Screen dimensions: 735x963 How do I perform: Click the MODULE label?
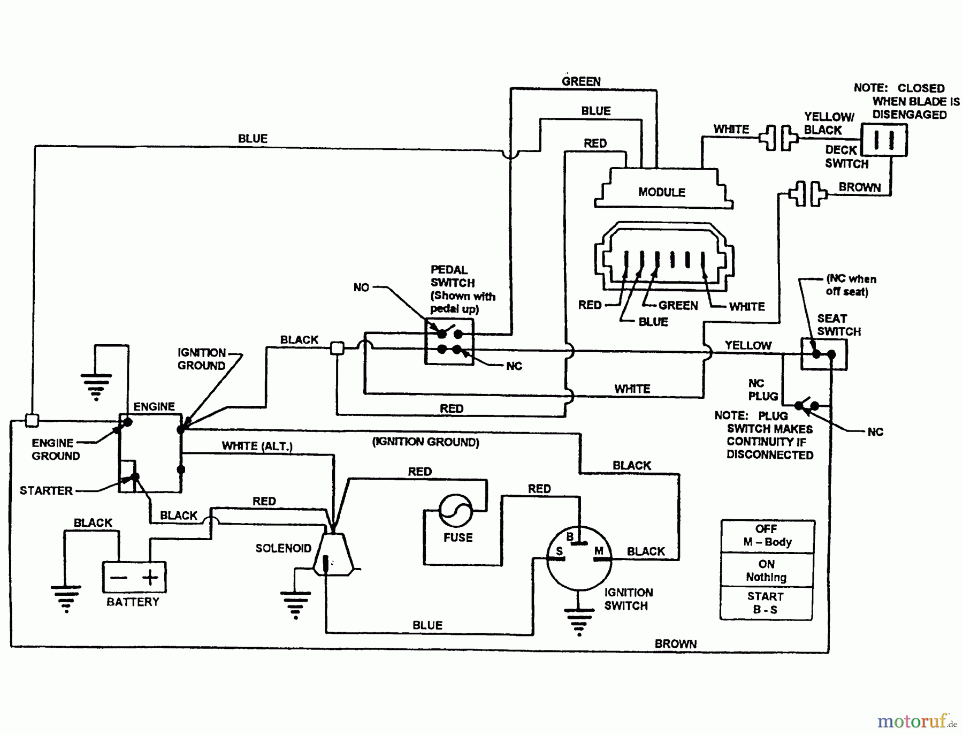point(662,192)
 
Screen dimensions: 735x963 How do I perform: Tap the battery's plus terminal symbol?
point(150,577)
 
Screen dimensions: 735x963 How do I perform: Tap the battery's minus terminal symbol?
point(118,578)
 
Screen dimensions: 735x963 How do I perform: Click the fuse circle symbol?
point(455,510)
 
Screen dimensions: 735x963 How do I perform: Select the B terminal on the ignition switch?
point(570,537)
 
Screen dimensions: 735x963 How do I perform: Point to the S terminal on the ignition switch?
point(559,551)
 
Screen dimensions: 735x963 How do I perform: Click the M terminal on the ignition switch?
point(599,551)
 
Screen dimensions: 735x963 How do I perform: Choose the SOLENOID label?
point(283,548)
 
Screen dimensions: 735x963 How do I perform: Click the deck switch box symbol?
point(884,140)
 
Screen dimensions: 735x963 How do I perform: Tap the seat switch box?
point(823,354)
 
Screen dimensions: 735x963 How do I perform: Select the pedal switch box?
point(449,342)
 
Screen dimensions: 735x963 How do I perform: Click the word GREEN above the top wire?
point(581,81)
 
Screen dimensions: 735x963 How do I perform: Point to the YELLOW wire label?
point(748,346)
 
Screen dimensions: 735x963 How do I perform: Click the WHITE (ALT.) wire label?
point(257,446)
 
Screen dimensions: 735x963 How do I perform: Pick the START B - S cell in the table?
point(766,603)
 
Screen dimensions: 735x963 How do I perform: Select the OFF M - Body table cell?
point(767,535)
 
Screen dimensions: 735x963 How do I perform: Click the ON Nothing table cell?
point(766,570)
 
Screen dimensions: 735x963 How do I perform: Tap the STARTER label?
point(46,490)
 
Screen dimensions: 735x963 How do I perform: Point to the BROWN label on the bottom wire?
point(675,644)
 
